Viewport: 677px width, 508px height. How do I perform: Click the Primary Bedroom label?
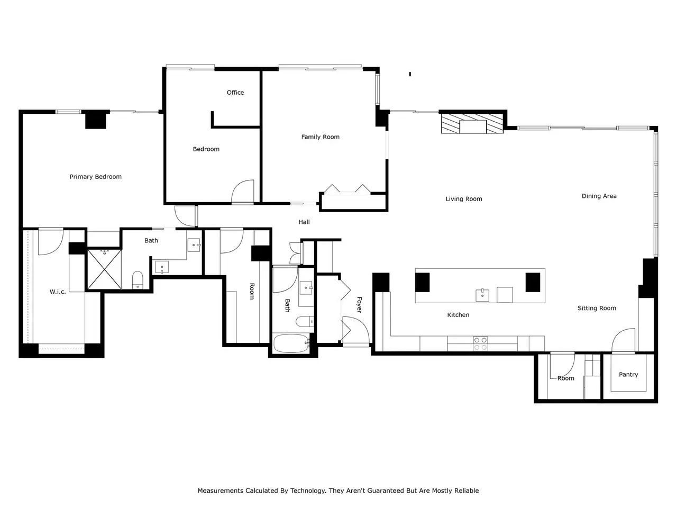pos(95,177)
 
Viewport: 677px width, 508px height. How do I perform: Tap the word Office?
pos(235,93)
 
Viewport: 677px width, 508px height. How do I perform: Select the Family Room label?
pos(320,137)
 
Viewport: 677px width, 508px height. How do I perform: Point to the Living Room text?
pos(463,199)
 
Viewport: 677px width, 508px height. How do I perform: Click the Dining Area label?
pos(599,196)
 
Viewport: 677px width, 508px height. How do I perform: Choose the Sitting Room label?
pos(597,308)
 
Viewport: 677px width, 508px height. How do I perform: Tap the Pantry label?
pos(628,375)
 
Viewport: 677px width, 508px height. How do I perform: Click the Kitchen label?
pos(458,315)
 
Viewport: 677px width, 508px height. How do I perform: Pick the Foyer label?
pos(359,304)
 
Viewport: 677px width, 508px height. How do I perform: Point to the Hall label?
pos(304,222)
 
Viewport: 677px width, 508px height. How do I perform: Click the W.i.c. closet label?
pos(58,292)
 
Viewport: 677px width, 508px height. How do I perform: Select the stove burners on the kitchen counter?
pos(480,343)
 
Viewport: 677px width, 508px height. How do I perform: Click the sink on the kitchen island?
pos(482,295)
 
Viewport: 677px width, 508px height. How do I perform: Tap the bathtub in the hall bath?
pos(291,343)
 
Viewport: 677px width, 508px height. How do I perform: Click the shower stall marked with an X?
pos(104,269)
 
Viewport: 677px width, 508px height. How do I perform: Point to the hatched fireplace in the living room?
pos(472,124)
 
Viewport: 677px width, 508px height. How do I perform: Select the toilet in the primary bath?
pos(138,280)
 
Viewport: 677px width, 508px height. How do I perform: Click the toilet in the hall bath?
pos(305,321)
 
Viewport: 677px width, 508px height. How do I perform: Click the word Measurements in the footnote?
pos(221,491)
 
